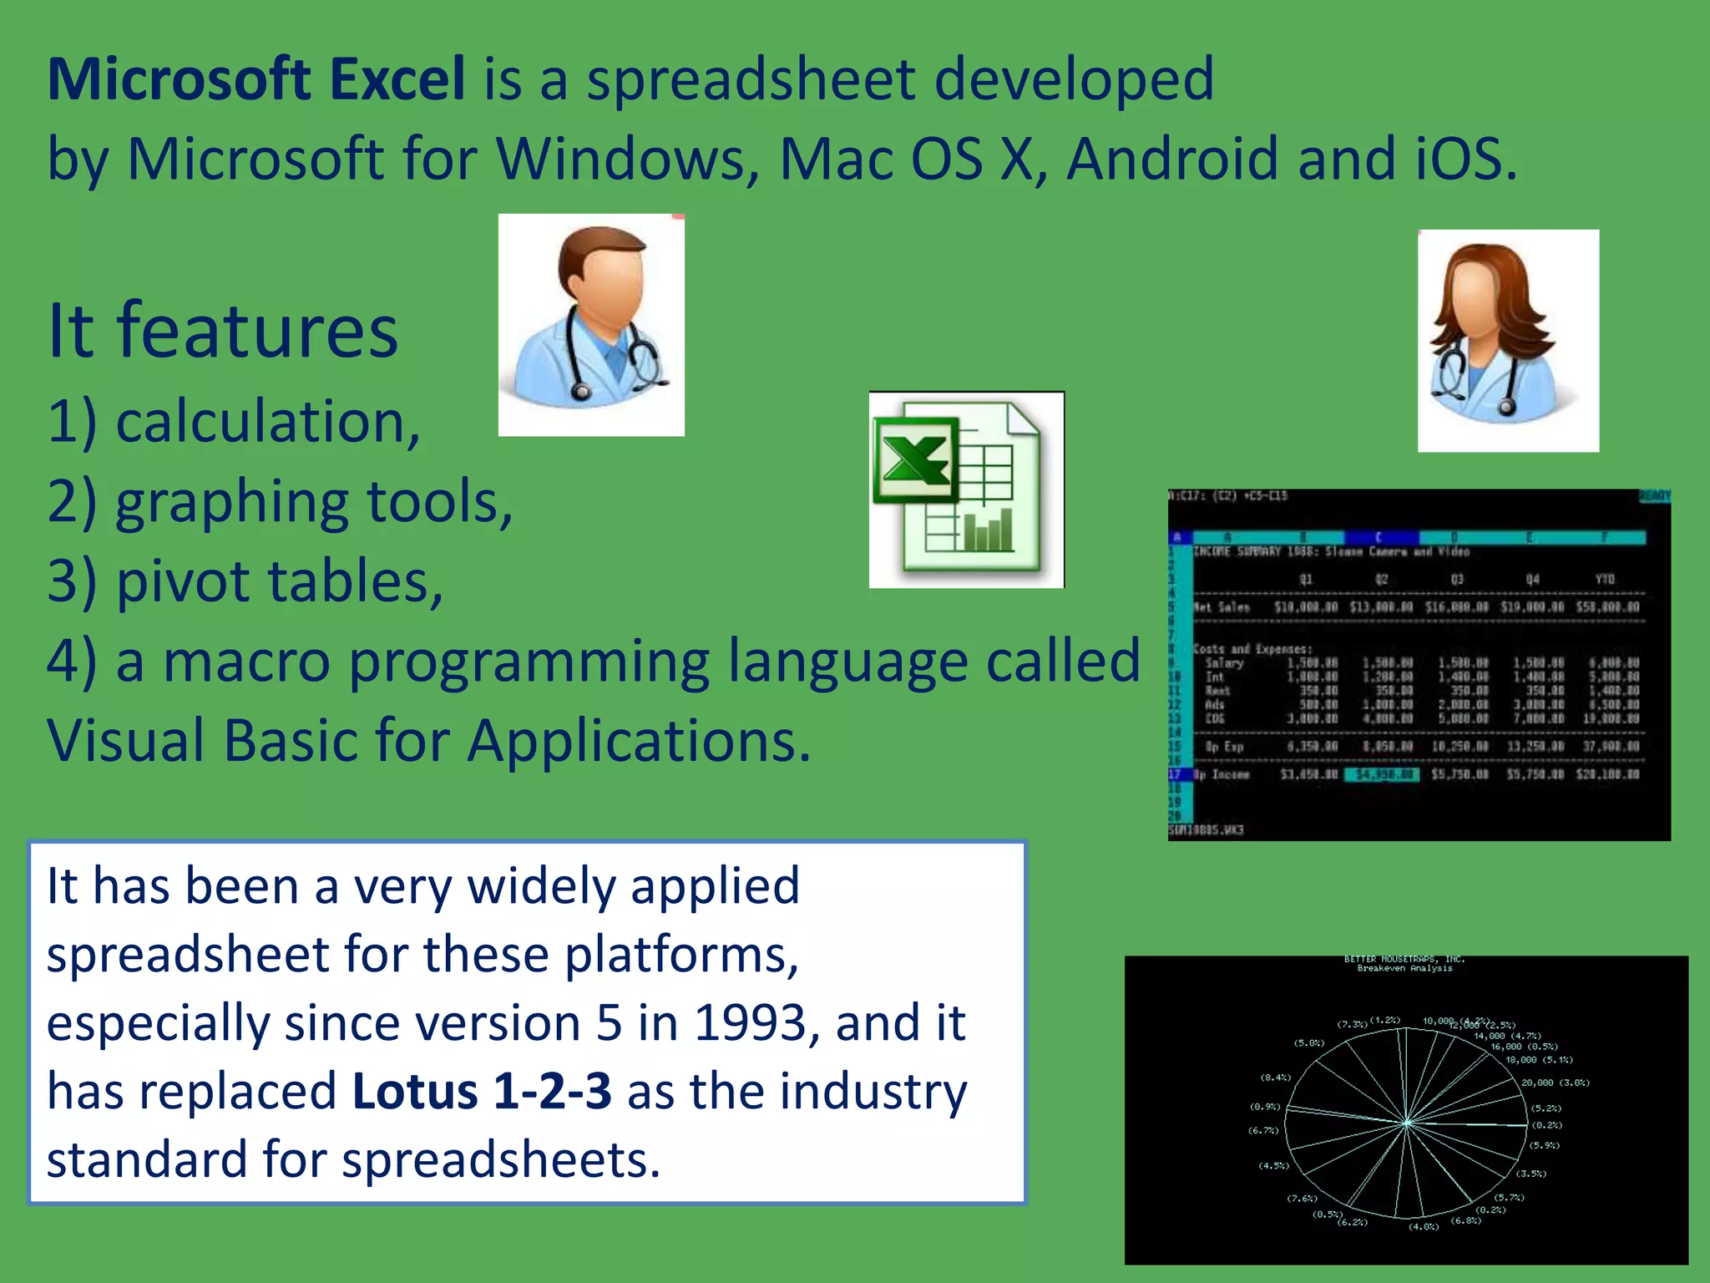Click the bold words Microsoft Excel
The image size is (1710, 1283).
(255, 79)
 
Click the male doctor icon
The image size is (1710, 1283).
(591, 325)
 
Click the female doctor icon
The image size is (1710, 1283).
(1508, 341)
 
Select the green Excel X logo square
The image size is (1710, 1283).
(914, 460)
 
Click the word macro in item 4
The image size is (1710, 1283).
(246, 661)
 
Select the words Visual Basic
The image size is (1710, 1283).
(205, 741)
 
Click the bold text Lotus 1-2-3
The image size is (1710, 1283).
(482, 1091)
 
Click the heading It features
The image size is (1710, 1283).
(223, 331)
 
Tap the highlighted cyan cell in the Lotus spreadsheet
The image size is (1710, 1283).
(1381, 774)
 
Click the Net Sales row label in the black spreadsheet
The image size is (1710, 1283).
(1222, 607)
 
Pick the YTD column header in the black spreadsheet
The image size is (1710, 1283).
(1604, 579)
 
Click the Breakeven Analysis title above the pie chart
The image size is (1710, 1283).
(1404, 968)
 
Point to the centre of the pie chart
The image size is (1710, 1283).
(1407, 1123)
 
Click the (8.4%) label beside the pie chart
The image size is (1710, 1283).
(1275, 1078)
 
